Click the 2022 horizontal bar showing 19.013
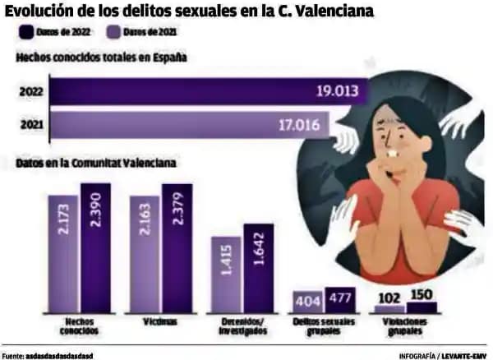(x=205, y=90)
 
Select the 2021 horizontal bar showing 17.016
(x=189, y=126)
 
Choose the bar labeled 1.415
(x=227, y=275)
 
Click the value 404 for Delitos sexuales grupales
(x=308, y=301)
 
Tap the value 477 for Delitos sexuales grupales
(x=340, y=298)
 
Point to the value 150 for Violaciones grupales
(x=421, y=296)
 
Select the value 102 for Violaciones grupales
(x=389, y=298)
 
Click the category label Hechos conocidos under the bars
(x=81, y=326)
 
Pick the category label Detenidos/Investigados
(x=243, y=326)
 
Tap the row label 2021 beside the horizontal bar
(x=30, y=126)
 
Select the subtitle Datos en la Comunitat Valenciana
(x=95, y=163)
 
